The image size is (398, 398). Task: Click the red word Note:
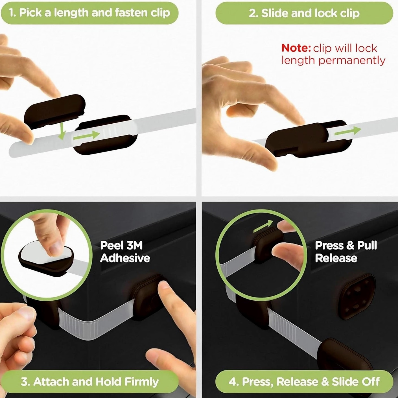coord(296,48)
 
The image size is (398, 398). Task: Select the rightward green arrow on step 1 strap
coord(87,135)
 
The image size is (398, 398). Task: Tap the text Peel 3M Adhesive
coord(125,252)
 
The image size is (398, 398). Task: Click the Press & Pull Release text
coord(346,252)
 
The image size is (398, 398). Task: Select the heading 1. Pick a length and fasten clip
coord(89,13)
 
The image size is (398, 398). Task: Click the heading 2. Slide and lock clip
coord(304,13)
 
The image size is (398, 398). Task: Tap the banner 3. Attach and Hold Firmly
coord(90,381)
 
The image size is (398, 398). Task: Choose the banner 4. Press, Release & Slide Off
coord(304,381)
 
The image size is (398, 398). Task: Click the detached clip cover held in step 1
coord(55,111)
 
